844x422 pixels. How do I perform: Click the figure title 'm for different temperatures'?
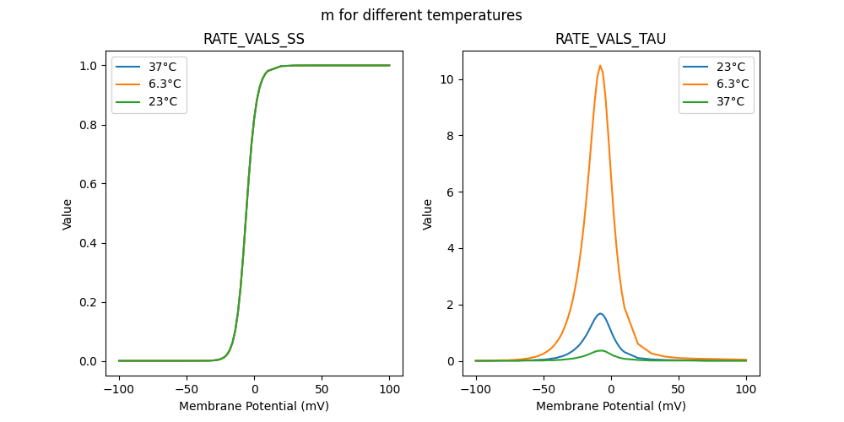(421, 15)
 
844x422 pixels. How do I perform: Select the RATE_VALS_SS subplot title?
(254, 40)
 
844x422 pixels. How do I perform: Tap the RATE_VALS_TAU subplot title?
(611, 40)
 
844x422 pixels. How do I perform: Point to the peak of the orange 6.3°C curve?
(600, 66)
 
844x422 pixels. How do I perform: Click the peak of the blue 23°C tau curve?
(600, 314)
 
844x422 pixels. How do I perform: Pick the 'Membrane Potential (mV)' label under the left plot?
(254, 405)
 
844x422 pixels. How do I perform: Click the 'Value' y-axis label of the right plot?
(428, 214)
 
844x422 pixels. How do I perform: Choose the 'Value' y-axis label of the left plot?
(68, 214)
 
